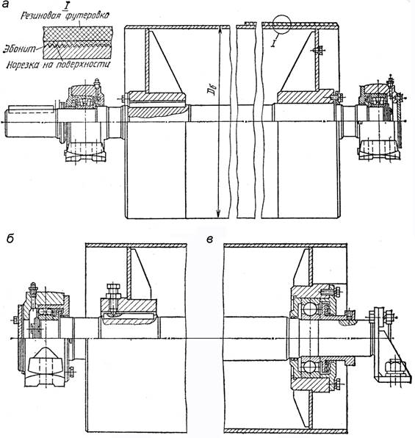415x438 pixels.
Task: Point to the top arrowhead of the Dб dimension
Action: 220,28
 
